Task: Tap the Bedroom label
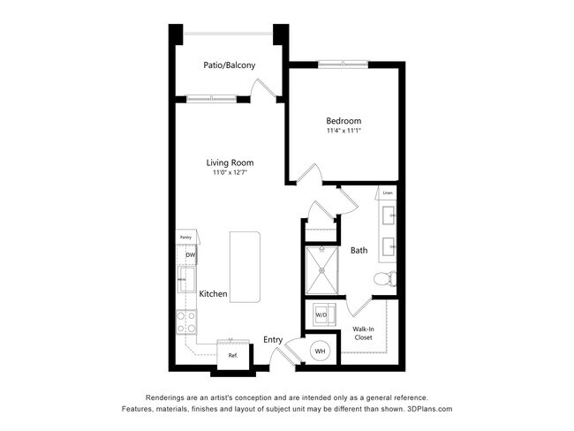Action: coord(344,121)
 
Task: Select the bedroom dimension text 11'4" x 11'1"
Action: coord(344,132)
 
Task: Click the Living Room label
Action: coord(230,163)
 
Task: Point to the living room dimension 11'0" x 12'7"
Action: coord(230,173)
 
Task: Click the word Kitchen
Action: coord(214,293)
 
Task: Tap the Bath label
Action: coord(359,251)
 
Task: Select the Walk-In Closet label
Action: coord(363,332)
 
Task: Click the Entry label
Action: coord(273,339)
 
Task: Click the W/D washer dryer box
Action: coord(321,315)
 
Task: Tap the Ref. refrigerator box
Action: coord(233,355)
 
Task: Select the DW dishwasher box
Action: coord(189,256)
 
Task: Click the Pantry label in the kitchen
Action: coord(185,238)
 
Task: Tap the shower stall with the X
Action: coord(321,271)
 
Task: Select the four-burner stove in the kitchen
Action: coord(186,322)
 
